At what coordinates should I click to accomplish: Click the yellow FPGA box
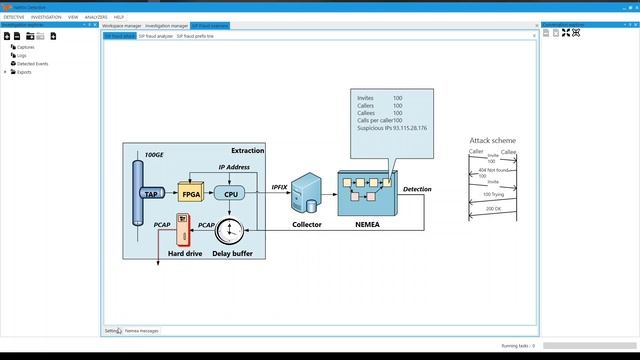pyautogui.click(x=189, y=193)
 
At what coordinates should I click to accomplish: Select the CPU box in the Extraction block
pyautogui.click(x=230, y=194)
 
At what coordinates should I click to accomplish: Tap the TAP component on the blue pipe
pyautogui.click(x=152, y=194)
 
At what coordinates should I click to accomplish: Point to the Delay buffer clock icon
pyautogui.click(x=231, y=231)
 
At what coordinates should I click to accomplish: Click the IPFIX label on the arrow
pyautogui.click(x=280, y=187)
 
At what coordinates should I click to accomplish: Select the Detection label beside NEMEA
pyautogui.click(x=417, y=189)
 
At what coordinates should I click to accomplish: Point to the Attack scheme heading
pyautogui.click(x=492, y=141)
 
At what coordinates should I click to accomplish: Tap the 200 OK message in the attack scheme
pyautogui.click(x=493, y=208)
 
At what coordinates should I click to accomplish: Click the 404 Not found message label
pyautogui.click(x=493, y=170)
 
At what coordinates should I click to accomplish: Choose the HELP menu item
pyautogui.click(x=119, y=17)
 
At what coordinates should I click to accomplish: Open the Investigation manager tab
pyautogui.click(x=166, y=25)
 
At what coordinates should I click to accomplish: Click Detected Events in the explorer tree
pyautogui.click(x=33, y=63)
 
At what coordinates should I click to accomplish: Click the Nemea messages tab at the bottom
pyautogui.click(x=141, y=330)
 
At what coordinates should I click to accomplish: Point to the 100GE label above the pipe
pyautogui.click(x=153, y=155)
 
